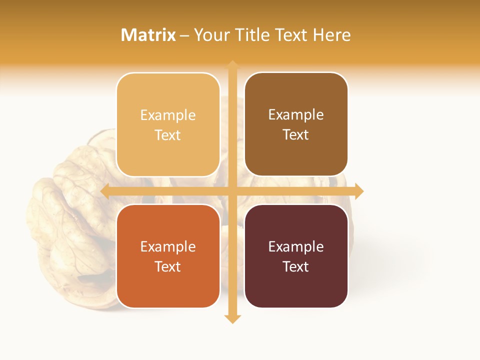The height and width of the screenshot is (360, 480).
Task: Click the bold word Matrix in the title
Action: (148, 35)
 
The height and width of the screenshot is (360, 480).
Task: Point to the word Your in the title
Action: (211, 35)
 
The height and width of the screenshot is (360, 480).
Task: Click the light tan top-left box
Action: (168, 155)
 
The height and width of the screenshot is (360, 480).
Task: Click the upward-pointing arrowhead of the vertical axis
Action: (232, 65)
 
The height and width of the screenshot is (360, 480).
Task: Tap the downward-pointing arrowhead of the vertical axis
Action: (232, 319)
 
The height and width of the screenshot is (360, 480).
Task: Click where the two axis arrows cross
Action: (232, 191)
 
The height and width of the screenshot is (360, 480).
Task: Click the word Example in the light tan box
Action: (168, 115)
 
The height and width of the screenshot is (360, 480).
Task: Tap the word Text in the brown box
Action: (296, 134)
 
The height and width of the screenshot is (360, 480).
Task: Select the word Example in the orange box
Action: (168, 246)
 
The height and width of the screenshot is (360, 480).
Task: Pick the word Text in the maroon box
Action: (296, 266)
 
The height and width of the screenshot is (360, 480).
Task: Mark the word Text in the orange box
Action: (168, 266)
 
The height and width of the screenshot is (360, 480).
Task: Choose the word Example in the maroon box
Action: (296, 246)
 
